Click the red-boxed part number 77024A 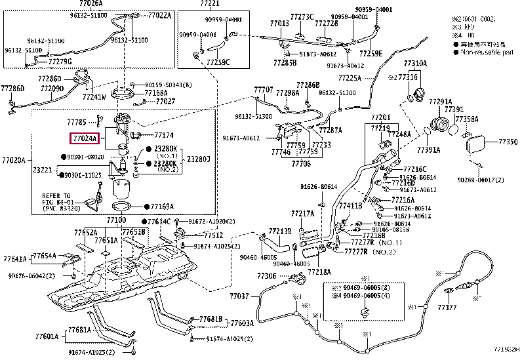tap(85, 139)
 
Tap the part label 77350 tap(508, 141)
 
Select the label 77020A tap(13, 160)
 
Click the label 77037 tap(239, 296)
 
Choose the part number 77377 tap(447, 307)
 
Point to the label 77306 tap(267, 277)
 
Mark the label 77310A tap(415, 63)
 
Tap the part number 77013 tap(280, 24)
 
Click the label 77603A tap(241, 323)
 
